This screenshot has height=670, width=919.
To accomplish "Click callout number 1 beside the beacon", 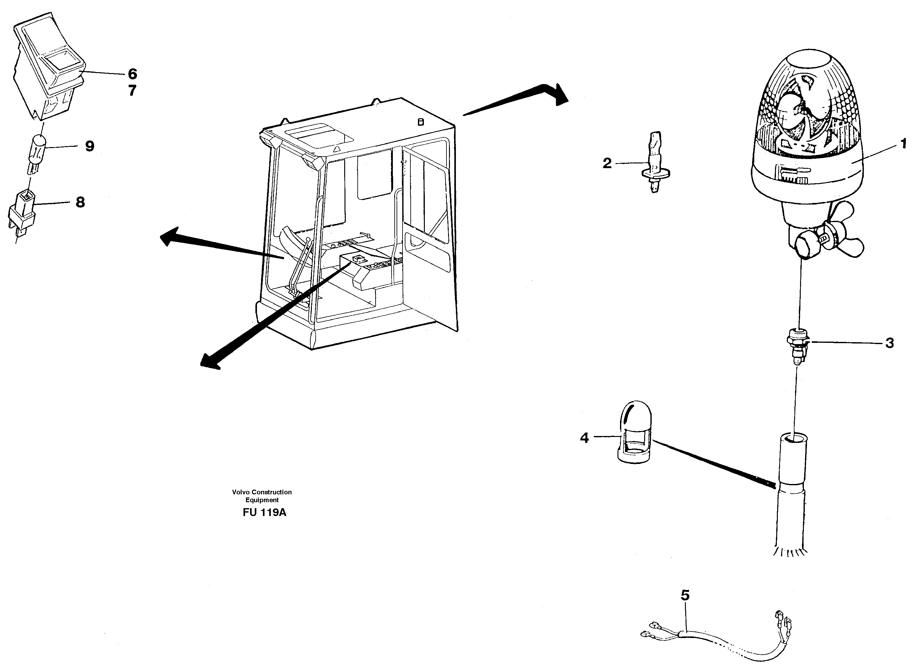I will click(x=903, y=144).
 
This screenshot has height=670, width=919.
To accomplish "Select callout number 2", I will click(x=607, y=163).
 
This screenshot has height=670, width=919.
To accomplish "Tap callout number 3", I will click(x=890, y=343).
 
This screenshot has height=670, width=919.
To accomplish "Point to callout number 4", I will click(x=584, y=438).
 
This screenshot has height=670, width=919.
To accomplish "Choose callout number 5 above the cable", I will click(x=685, y=595).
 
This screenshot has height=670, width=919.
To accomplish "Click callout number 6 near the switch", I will click(x=132, y=74).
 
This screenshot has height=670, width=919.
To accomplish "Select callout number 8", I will click(x=80, y=202).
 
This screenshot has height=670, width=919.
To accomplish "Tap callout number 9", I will click(x=90, y=146).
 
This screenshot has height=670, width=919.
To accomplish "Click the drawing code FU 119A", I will click(x=264, y=513).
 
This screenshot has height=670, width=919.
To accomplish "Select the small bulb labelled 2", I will click(x=655, y=162).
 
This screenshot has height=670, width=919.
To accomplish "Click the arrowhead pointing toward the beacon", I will click(x=560, y=95).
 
